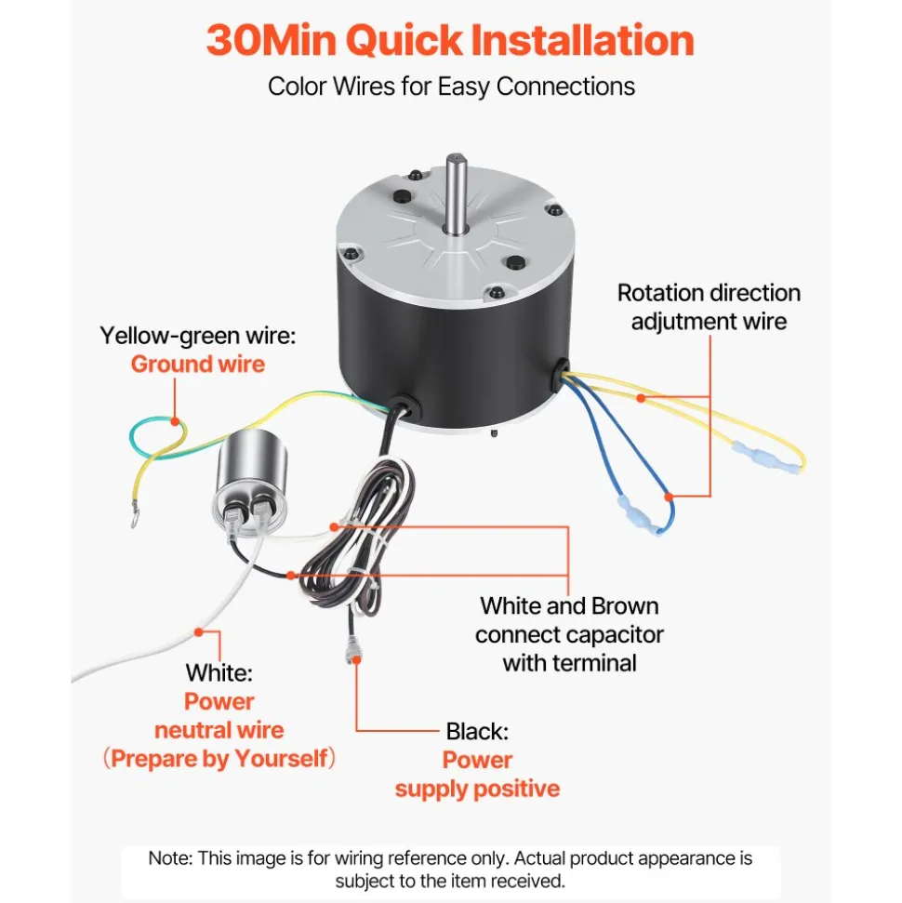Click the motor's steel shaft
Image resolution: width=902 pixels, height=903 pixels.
[x=456, y=193]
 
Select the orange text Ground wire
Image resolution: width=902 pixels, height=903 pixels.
[x=197, y=365]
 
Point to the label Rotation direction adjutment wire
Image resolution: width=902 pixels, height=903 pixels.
[x=709, y=307]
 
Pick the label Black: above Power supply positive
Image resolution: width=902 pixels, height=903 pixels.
[x=477, y=731]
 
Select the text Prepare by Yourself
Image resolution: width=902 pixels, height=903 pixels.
[x=219, y=759]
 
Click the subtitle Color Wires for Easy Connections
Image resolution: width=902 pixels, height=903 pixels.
[x=451, y=86]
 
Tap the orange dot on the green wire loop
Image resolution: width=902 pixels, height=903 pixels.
[x=175, y=421]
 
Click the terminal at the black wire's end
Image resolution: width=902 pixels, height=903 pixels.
[x=352, y=650]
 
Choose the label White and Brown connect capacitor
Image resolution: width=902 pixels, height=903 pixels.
[x=569, y=620]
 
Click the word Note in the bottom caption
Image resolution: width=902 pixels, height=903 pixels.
[x=169, y=858]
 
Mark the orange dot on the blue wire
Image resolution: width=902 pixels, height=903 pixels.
[x=669, y=497]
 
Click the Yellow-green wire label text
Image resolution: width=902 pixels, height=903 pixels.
[x=197, y=336]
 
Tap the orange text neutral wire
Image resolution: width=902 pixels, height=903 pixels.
[x=219, y=730]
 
